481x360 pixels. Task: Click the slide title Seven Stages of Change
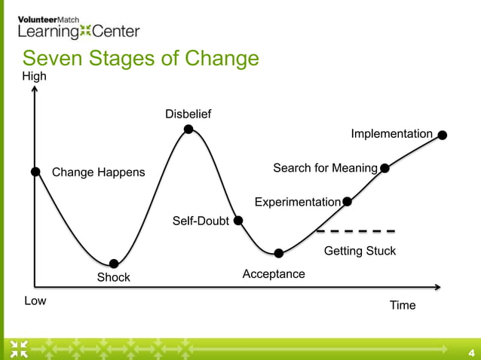[x=140, y=59]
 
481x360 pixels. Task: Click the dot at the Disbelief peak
[x=188, y=130]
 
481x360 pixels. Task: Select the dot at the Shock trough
[x=114, y=264]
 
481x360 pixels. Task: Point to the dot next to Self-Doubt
[x=238, y=221]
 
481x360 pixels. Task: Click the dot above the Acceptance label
[x=279, y=253]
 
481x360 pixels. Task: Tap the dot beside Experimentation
[x=348, y=201]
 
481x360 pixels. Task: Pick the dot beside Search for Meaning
[x=385, y=168]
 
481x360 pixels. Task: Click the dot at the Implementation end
[x=443, y=136]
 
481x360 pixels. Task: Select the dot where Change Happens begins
[x=35, y=172]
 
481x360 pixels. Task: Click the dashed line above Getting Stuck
[x=356, y=230]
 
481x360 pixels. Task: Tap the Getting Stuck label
[x=360, y=251]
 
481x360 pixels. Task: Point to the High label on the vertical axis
[x=34, y=76]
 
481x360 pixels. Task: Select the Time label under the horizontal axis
[x=403, y=305]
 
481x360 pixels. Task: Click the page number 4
[x=471, y=352]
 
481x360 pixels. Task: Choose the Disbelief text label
[x=188, y=114]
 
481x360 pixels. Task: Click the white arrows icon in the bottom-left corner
[x=19, y=349]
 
